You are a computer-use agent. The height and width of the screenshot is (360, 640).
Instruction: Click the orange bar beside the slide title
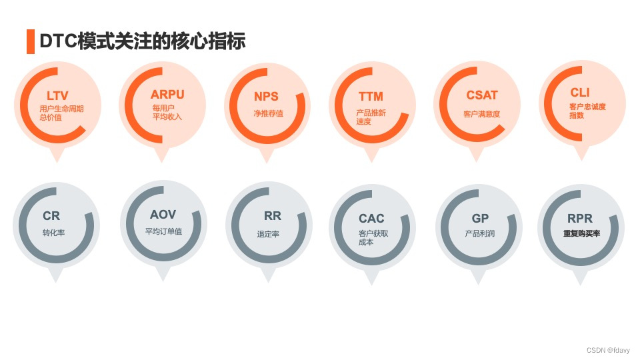pos(30,41)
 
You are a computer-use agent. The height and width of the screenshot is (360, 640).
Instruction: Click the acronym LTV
pos(57,96)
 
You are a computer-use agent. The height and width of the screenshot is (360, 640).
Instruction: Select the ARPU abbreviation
pos(167,95)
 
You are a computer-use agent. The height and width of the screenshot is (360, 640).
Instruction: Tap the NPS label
pos(266,96)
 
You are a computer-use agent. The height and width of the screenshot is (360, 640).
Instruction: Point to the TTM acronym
pos(371,97)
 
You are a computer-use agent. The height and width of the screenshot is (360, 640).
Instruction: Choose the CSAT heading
pos(482,95)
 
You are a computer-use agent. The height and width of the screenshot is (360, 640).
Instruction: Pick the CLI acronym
pos(580,93)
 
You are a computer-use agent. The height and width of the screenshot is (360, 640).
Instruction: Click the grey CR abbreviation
pos(51,216)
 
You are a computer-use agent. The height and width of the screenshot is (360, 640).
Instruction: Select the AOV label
pos(163,215)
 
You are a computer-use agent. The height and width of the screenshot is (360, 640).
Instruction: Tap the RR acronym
pos(272,216)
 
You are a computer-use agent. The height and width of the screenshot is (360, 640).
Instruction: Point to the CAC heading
pos(371,218)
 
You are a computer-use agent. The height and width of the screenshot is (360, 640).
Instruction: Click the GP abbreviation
pos(480,218)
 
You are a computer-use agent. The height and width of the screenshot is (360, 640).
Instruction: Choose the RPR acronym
pos(580,218)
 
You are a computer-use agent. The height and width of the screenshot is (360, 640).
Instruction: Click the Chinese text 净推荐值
pos(269,113)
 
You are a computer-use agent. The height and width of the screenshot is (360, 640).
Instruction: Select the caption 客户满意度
pos(481,114)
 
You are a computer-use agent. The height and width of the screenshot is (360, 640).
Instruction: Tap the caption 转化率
pos(53,233)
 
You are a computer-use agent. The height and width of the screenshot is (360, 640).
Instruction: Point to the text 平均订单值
pos(163,232)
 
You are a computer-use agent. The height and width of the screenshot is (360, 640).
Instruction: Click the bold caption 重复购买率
pos(581,234)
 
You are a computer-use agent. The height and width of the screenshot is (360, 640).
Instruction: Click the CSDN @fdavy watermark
pos(609,350)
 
